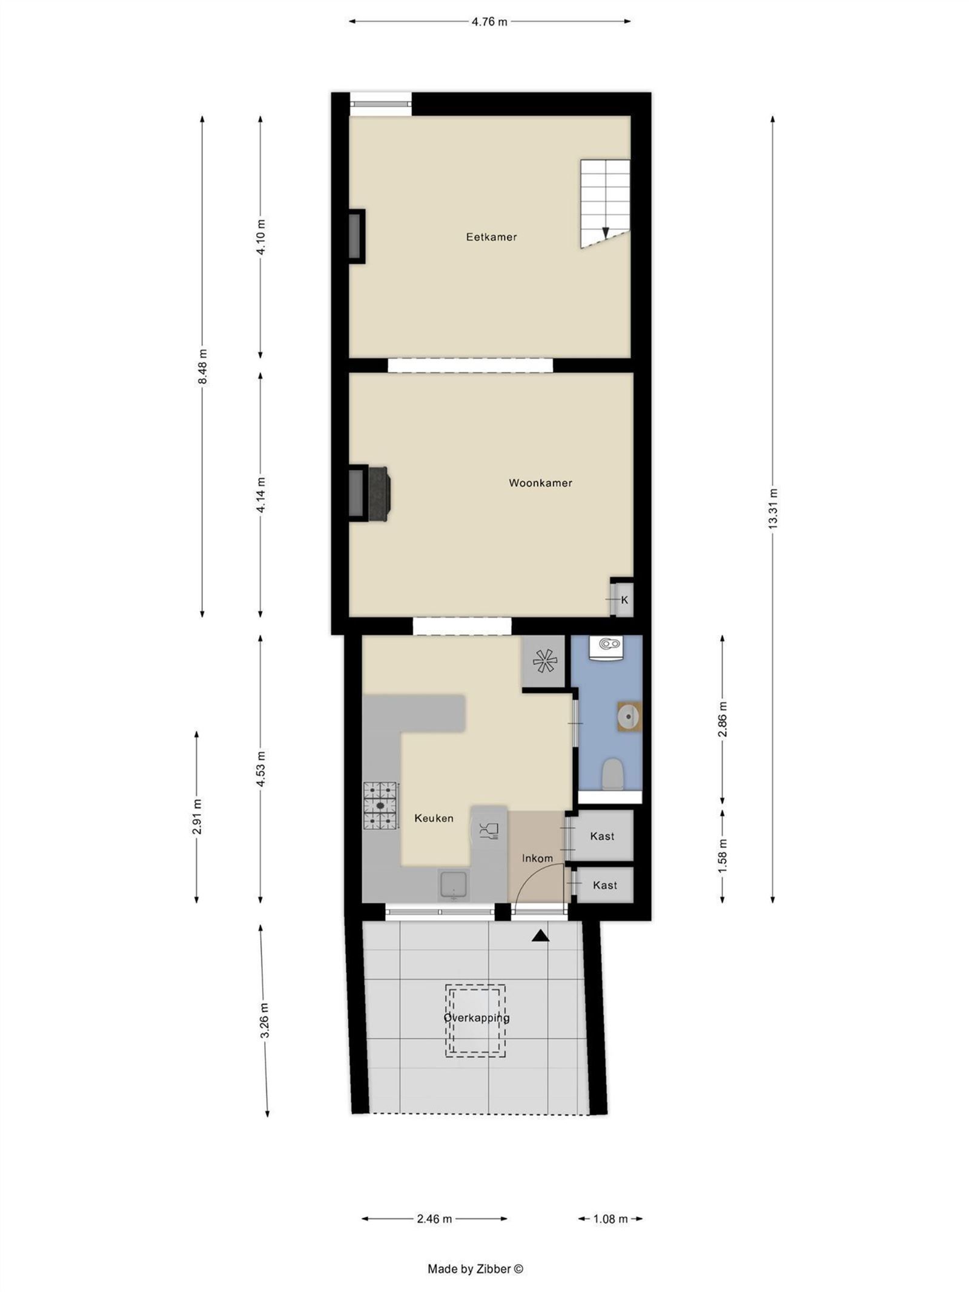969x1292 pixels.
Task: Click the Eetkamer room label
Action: (x=491, y=237)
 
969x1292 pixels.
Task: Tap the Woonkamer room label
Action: (x=540, y=483)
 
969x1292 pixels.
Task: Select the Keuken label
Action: (x=434, y=818)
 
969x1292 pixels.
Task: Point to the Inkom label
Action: (x=537, y=858)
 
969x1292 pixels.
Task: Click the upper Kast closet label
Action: (x=602, y=836)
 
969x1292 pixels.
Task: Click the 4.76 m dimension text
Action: (x=489, y=22)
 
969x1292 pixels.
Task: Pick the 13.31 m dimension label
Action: (x=772, y=509)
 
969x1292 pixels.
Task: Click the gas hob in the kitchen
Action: (x=380, y=806)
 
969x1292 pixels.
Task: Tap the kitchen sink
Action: (x=454, y=886)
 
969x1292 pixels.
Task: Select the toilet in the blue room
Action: (x=612, y=775)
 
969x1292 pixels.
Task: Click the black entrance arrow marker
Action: (x=540, y=936)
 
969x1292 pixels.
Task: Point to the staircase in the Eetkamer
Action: (x=605, y=204)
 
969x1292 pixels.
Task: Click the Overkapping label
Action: (x=476, y=1018)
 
